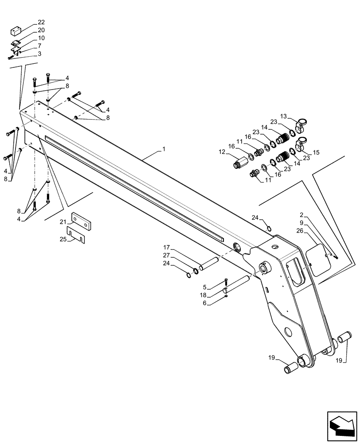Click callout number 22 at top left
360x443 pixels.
pyautogui.click(x=41, y=22)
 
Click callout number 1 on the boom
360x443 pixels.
pyautogui.click(x=164, y=150)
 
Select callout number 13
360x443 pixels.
pyautogui.click(x=283, y=116)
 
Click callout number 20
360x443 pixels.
pyautogui.click(x=41, y=30)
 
